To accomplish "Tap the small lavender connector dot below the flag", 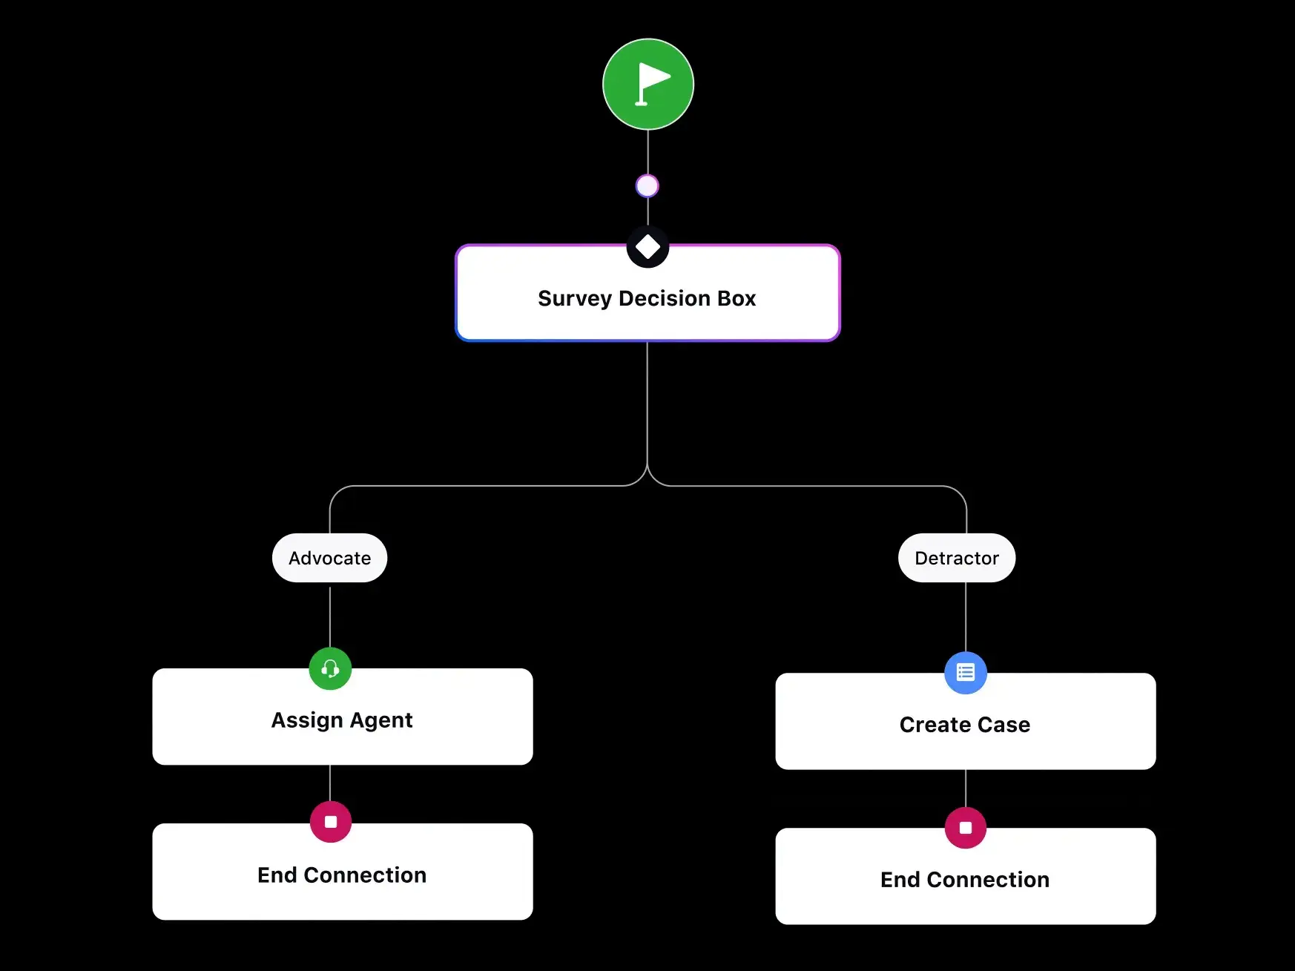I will tap(647, 185).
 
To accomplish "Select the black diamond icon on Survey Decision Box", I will tap(647, 247).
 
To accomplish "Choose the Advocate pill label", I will tap(329, 558).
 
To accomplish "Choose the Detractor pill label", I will tap(956, 558).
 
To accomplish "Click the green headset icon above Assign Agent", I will tap(330, 669).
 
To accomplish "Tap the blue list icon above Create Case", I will tap(965, 673).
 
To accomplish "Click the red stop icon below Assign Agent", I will tap(331, 822).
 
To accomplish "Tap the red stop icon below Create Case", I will tap(965, 827).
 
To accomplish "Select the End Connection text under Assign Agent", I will tap(342, 875).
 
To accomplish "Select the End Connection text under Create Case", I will tap(964, 880).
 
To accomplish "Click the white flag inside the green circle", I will tap(651, 82).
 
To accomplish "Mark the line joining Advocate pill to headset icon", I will tap(330, 616).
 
